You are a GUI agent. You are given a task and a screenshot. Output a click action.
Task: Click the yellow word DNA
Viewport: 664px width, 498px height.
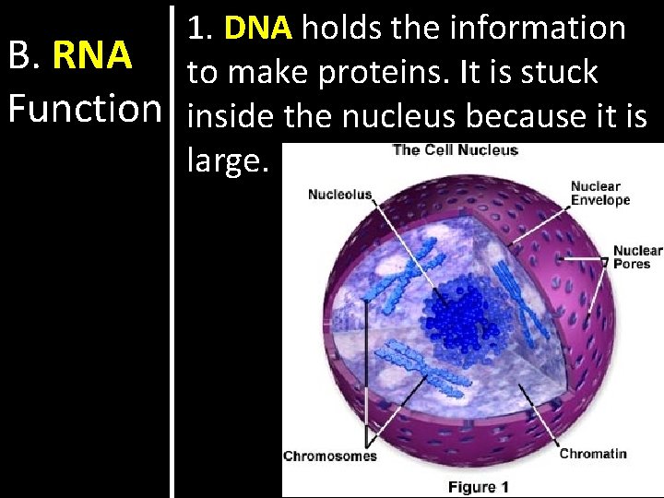tap(257, 29)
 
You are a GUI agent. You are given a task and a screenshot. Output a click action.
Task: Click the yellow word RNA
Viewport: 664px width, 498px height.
tap(91, 56)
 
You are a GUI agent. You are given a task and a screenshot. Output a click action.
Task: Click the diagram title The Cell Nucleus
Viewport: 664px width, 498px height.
tap(456, 150)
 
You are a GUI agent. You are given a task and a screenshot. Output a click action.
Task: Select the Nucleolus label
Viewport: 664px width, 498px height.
tap(339, 194)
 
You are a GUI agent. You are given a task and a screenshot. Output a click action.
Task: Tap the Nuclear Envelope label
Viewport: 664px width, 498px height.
tap(599, 193)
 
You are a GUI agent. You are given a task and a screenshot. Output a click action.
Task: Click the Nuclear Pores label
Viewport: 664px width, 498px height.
tap(637, 256)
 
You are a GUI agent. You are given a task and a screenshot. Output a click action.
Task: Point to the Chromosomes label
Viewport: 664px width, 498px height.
tap(329, 456)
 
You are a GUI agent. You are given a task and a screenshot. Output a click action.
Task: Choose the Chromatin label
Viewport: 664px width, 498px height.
tap(593, 453)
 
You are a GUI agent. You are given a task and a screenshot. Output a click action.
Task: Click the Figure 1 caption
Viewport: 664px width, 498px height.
tap(478, 486)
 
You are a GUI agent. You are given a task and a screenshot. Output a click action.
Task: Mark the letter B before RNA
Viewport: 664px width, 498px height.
tap(19, 56)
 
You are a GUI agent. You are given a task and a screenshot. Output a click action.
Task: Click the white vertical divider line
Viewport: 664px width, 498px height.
tap(172, 249)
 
